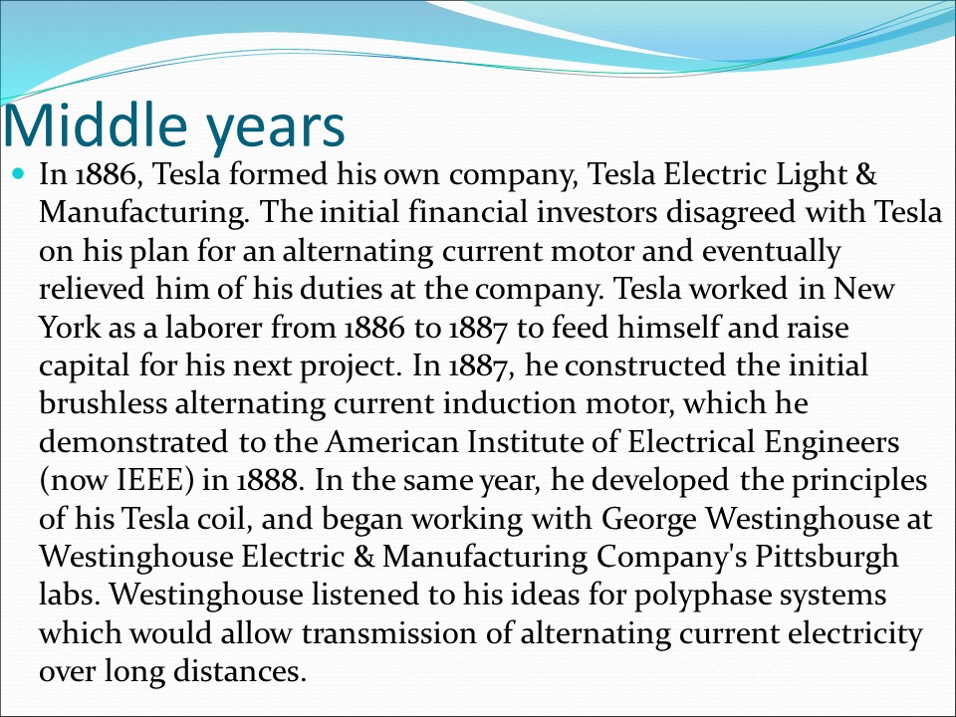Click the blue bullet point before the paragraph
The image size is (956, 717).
(x=21, y=174)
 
